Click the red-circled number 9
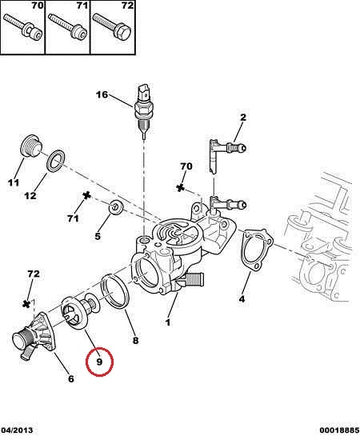(x=99, y=362)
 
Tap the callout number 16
(x=102, y=95)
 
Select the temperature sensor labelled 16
(x=144, y=110)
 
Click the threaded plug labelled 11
(x=31, y=146)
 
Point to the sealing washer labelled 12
(x=57, y=161)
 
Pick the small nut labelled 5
(x=116, y=207)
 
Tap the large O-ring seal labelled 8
(x=114, y=291)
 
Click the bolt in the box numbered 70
(x=22, y=28)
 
